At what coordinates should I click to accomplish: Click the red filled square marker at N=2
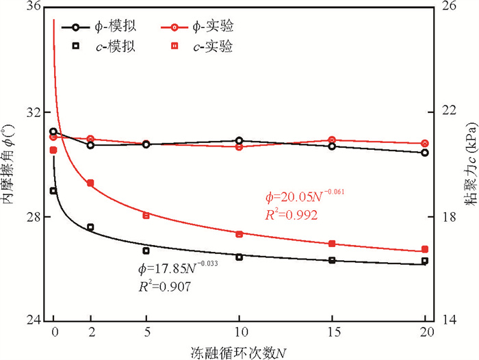click(x=90, y=183)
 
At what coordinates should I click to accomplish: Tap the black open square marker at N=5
click(x=146, y=250)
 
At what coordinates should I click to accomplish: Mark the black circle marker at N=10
click(x=239, y=140)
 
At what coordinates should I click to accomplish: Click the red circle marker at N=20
click(x=425, y=144)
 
